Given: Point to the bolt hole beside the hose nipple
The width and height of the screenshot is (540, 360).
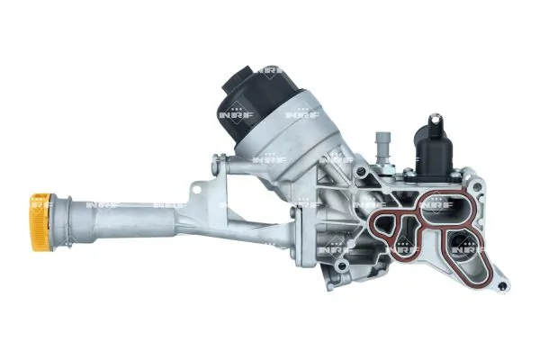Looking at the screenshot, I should coord(364,178).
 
